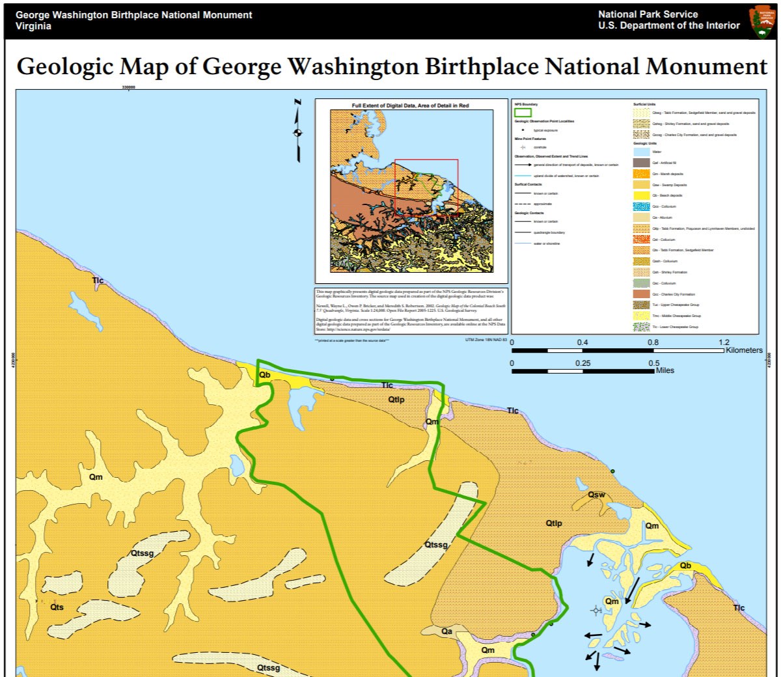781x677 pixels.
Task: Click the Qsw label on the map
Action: (596, 495)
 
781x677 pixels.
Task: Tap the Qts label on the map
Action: (57, 607)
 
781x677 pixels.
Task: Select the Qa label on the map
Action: (447, 631)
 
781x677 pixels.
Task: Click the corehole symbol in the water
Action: (596, 610)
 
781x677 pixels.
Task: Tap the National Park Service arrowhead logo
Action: (762, 21)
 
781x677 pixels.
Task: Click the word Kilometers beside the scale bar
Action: (744, 350)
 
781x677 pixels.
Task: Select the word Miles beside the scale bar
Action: (665, 370)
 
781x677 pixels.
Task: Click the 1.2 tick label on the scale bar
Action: (724, 342)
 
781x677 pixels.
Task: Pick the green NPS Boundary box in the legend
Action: (523, 113)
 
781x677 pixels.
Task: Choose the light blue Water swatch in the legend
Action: (641, 152)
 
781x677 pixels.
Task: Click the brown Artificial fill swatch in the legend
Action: (641, 163)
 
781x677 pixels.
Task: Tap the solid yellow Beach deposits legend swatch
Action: (641, 195)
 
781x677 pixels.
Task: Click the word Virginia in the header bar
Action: (33, 26)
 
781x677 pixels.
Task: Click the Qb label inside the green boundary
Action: (265, 375)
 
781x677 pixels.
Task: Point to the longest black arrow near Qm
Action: (632, 590)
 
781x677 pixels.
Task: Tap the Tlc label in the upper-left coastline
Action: (98, 281)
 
